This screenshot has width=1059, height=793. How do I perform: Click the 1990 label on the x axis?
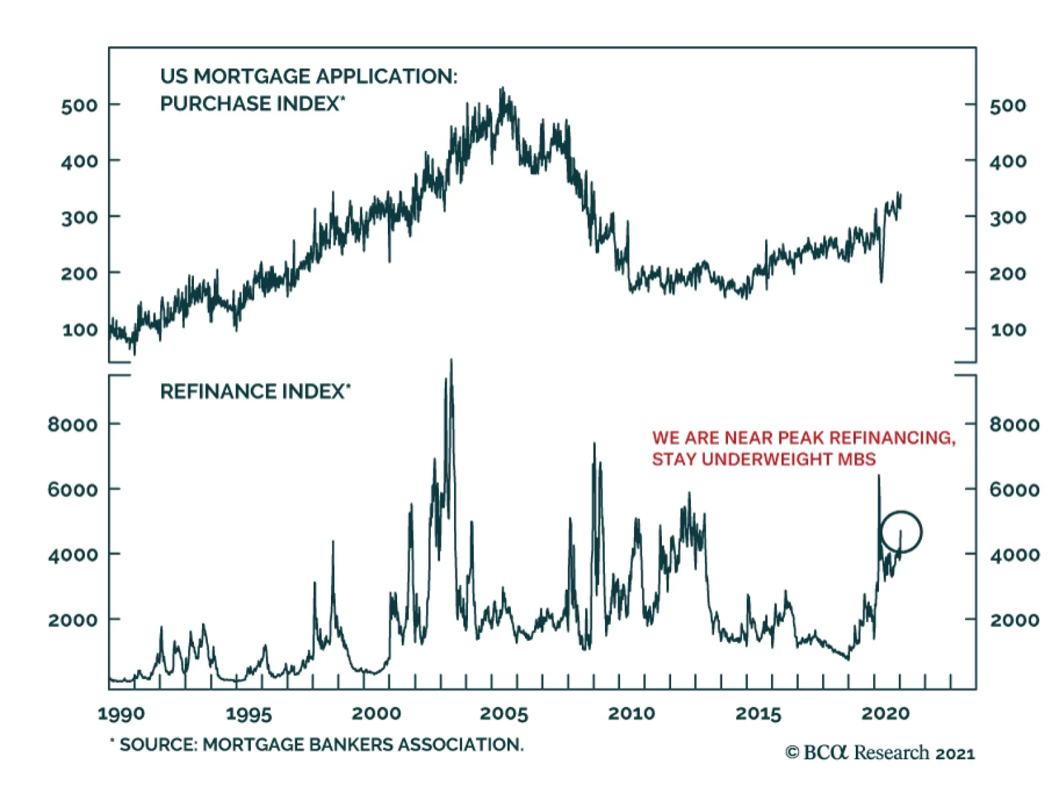[x=120, y=714]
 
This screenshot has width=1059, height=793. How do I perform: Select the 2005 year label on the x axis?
[x=504, y=714]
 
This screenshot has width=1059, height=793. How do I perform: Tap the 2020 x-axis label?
[x=885, y=714]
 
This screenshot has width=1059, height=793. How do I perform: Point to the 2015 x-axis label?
[x=759, y=714]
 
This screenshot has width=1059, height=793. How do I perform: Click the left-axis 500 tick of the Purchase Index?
[x=79, y=105]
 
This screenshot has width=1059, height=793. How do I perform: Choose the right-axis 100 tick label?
[x=1008, y=330]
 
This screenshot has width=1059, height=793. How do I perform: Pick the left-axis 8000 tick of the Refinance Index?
[x=73, y=424]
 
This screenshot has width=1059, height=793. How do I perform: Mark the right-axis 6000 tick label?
[x=1014, y=490]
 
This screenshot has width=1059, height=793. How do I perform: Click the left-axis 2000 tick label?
[x=73, y=620]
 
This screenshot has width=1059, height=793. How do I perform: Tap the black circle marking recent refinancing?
[x=901, y=532]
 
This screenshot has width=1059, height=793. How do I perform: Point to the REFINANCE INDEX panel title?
[x=255, y=392]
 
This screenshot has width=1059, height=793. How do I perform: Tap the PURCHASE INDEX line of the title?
[x=252, y=104]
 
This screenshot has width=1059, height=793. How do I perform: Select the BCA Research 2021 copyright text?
[x=880, y=753]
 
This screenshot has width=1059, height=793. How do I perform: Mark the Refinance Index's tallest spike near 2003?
[x=451, y=361]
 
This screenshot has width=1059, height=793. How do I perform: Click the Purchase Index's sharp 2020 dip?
[x=881, y=281]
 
